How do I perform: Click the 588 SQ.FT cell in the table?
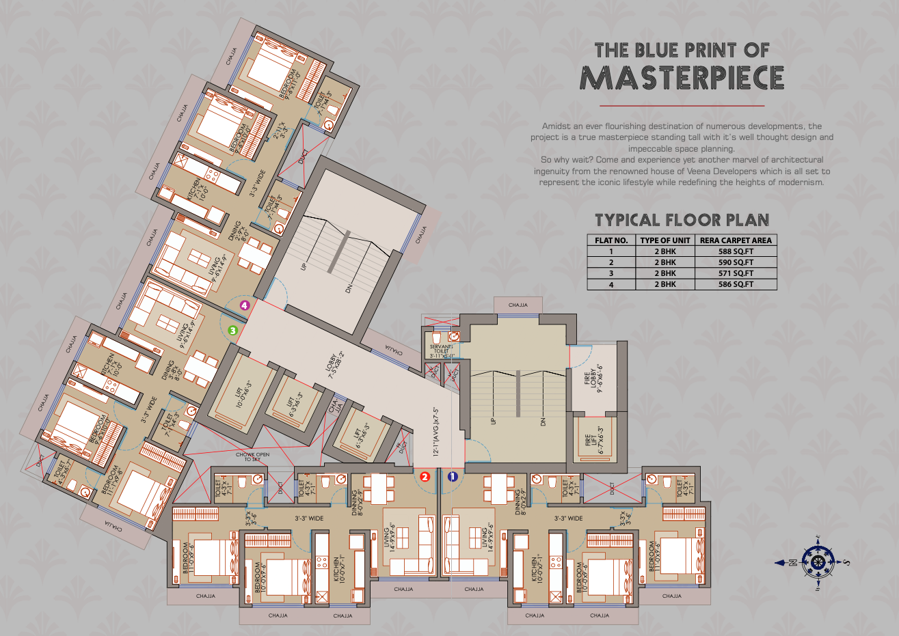(x=736, y=251)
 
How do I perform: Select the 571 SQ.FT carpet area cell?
(x=736, y=273)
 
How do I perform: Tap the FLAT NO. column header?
(x=611, y=240)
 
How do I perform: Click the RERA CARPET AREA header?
(x=736, y=240)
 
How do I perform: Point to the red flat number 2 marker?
(x=425, y=477)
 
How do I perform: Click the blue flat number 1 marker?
(x=452, y=477)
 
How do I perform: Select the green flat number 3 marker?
(x=233, y=330)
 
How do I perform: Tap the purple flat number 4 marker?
(x=244, y=306)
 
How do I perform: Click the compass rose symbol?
(x=817, y=562)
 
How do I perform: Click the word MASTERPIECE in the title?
(x=682, y=79)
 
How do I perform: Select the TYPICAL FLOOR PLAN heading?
(x=682, y=220)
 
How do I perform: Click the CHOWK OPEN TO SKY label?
(x=252, y=457)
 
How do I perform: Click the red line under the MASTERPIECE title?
(x=682, y=107)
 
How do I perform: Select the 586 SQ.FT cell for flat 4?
(x=736, y=284)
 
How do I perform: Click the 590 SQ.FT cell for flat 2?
(x=736, y=262)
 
